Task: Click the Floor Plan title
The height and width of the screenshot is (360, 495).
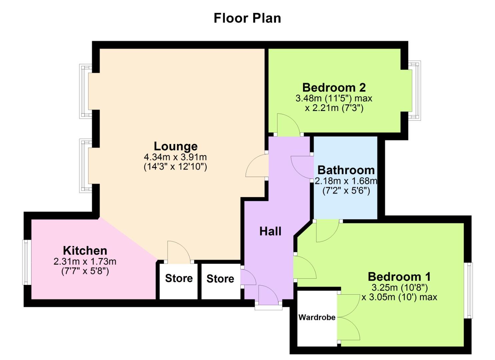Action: pyautogui.click(x=247, y=18)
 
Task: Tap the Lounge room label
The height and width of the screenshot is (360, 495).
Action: pyautogui.click(x=175, y=146)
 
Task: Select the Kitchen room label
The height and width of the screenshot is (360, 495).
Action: pyautogui.click(x=85, y=251)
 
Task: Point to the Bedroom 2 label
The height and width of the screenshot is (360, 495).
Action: pyautogui.click(x=334, y=88)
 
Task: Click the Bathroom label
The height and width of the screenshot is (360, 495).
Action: pyautogui.click(x=346, y=170)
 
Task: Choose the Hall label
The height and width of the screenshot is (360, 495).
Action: pyautogui.click(x=270, y=231)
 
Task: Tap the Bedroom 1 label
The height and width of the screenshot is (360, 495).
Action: pyautogui.click(x=399, y=277)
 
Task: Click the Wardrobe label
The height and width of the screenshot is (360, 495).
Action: pyautogui.click(x=317, y=317)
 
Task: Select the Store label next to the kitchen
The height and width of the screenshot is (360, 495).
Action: pyautogui.click(x=179, y=278)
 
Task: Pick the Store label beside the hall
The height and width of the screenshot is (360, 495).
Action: pyautogui.click(x=220, y=279)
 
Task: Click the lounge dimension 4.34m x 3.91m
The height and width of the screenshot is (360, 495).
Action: pyautogui.click(x=175, y=157)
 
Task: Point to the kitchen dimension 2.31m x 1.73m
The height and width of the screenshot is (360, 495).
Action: pyautogui.click(x=85, y=261)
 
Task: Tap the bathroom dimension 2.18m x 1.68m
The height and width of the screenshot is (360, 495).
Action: pyautogui.click(x=346, y=181)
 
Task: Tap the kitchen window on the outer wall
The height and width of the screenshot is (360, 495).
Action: pyautogui.click(x=26, y=262)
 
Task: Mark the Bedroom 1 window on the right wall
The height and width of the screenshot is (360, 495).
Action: pyautogui.click(x=469, y=290)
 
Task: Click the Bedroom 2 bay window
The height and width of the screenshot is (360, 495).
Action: pyautogui.click(x=415, y=90)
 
